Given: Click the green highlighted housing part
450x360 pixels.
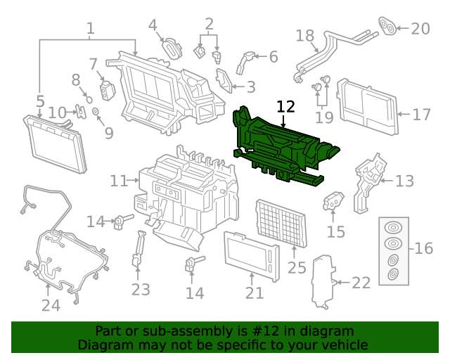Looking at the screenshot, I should click(281, 144).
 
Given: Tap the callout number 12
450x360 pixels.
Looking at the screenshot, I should click(285, 107).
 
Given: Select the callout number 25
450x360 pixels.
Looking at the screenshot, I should click(297, 267).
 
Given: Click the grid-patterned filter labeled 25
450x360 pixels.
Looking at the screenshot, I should click(280, 222).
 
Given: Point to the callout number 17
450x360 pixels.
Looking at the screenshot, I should click(421, 114).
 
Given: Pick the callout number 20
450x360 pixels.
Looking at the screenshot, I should click(420, 29).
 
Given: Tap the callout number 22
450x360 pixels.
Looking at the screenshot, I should click(360, 283).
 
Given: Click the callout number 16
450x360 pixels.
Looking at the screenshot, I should click(423, 248).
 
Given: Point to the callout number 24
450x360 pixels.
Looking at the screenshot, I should click(51, 305).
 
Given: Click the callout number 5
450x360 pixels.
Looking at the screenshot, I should click(40, 101).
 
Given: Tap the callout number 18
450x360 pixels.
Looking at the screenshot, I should click(304, 35).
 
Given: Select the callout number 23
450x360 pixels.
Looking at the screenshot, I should click(141, 289).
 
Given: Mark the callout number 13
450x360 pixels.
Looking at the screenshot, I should click(404, 181).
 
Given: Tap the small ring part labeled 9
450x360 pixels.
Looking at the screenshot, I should click(96, 112).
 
